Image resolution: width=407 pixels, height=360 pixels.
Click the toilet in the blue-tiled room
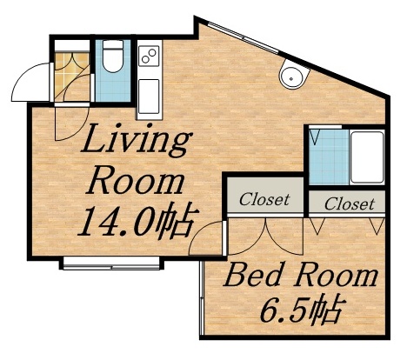(x=113, y=56)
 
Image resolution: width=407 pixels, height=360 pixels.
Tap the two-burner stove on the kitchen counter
(x=149, y=56)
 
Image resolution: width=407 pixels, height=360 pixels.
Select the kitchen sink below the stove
(x=149, y=97)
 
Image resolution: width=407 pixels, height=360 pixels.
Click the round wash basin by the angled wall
(x=293, y=74)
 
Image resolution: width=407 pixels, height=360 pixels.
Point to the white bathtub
(x=367, y=157)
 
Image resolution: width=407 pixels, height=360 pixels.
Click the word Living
(x=137, y=141)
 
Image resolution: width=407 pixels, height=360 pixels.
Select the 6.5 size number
(x=283, y=310)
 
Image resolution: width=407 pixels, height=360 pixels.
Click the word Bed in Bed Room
(x=253, y=277)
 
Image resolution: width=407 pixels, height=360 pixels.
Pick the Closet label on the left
(x=264, y=199)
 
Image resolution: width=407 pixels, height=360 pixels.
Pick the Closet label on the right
(x=350, y=203)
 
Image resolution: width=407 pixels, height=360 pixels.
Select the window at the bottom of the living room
(x=111, y=263)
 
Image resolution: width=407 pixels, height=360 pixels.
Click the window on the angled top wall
(x=243, y=37)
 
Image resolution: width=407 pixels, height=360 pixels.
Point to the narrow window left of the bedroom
(x=201, y=297)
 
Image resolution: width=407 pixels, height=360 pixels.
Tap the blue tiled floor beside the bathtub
(x=330, y=157)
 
